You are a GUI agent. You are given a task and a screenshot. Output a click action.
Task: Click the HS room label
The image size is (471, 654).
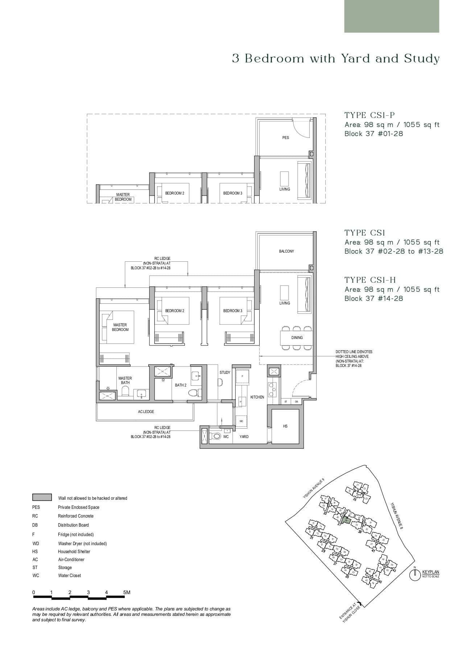pos(285,426)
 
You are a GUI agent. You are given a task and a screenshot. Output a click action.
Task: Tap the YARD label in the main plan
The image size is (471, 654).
pos(244,437)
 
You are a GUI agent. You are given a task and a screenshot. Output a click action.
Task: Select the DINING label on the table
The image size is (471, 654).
pos(297,338)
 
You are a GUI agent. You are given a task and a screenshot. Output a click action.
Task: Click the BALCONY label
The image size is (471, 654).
pos(286,252)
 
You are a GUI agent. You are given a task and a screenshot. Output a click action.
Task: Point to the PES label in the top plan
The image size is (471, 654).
pos(286,138)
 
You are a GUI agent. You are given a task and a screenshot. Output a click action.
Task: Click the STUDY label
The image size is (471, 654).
pos(225,373)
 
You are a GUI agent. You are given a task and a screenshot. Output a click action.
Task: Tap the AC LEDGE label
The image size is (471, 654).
pos(146,412)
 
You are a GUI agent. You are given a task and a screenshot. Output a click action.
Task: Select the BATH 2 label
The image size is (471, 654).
pos(181,385)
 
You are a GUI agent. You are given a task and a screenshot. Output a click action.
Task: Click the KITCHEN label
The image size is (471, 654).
pos(257,397)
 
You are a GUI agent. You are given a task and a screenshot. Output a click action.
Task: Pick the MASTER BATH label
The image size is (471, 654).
pos(125,380)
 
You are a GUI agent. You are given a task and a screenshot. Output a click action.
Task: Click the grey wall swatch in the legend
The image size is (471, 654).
pos(42,498)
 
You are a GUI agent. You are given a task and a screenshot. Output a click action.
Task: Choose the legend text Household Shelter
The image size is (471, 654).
pos(74,552)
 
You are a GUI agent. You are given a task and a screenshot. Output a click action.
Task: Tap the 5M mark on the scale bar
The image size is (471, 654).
pos(127,593)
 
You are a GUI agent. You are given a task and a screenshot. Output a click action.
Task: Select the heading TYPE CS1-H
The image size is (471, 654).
pos(370,280)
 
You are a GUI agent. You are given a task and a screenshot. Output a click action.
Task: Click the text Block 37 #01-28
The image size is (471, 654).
pos(373,134)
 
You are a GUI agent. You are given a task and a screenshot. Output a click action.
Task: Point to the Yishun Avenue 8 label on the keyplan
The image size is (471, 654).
pos(397,516)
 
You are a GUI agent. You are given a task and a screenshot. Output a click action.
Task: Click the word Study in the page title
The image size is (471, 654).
pos(422,59)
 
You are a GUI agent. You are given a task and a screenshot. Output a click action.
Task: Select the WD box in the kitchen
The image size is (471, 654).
pos(241,421)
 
